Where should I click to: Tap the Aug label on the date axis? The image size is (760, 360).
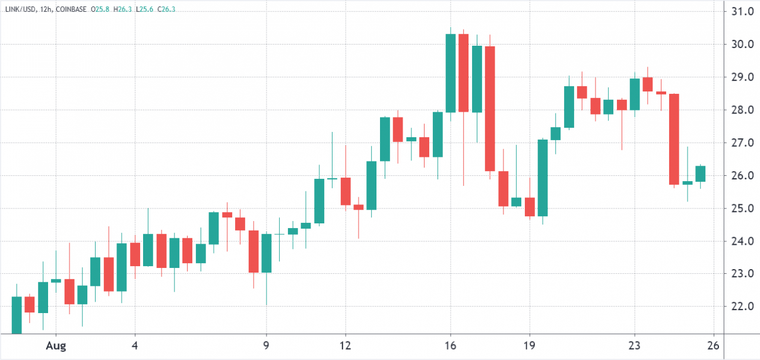tap(56, 345)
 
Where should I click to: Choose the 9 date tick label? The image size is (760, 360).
tap(266, 345)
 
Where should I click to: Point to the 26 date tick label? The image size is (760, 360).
tap(714, 345)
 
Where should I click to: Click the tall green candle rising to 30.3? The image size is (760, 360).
tap(451, 73)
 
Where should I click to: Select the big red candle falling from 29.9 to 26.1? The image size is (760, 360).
tap(490, 109)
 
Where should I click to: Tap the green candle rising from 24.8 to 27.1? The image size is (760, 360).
tap(543, 178)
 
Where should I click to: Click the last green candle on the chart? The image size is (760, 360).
tap(700, 173)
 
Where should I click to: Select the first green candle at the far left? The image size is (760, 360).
tap(17, 315)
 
